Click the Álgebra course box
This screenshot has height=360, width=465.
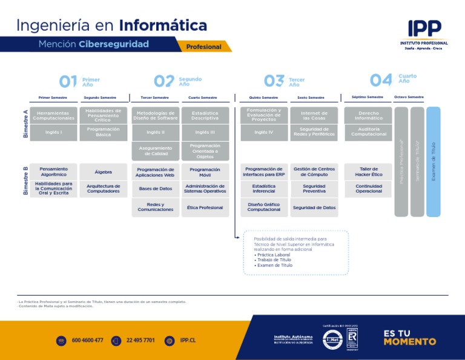(x=103, y=172)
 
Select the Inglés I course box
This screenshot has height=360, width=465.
(x=53, y=132)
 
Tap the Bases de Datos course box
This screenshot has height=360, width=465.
(x=156, y=188)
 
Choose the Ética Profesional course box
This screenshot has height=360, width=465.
(x=205, y=207)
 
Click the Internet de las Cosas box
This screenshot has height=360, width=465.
(x=314, y=115)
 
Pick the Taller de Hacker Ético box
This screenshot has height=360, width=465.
(x=369, y=172)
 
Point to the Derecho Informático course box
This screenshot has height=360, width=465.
(x=369, y=115)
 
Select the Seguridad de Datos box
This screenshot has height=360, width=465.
(x=314, y=207)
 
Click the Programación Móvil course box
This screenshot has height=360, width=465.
(x=205, y=172)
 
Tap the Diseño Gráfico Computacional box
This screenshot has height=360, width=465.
(x=264, y=207)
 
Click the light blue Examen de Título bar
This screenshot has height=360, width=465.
(x=434, y=162)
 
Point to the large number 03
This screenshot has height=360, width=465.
(x=274, y=81)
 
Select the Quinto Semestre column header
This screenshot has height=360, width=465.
(x=263, y=98)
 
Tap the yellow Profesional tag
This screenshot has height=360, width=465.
(x=204, y=47)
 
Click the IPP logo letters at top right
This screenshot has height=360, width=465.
(x=424, y=29)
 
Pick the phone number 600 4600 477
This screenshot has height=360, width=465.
(x=87, y=341)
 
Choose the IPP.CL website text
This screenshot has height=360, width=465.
(x=188, y=341)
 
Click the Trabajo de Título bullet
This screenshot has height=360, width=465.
(x=274, y=260)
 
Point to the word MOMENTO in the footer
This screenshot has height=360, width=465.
(x=409, y=342)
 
